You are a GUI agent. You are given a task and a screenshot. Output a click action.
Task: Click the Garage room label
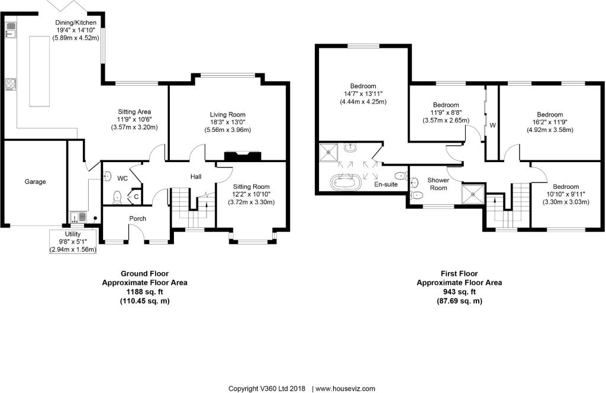[35, 182]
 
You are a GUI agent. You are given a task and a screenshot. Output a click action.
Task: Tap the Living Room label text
[227, 115]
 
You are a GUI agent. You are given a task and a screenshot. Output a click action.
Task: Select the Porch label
[138, 218]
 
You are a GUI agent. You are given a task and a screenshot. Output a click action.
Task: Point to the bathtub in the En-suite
[344, 182]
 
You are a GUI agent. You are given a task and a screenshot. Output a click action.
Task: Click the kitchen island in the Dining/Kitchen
[40, 71]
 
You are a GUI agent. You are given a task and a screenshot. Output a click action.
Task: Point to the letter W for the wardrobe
[492, 125]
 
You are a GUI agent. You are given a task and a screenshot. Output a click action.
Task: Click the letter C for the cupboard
[136, 196]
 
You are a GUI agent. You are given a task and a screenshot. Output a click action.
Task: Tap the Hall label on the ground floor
[196, 176]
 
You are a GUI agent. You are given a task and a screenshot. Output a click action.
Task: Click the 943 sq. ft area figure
[459, 292]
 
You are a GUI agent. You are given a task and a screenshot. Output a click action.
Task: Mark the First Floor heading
[459, 273]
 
